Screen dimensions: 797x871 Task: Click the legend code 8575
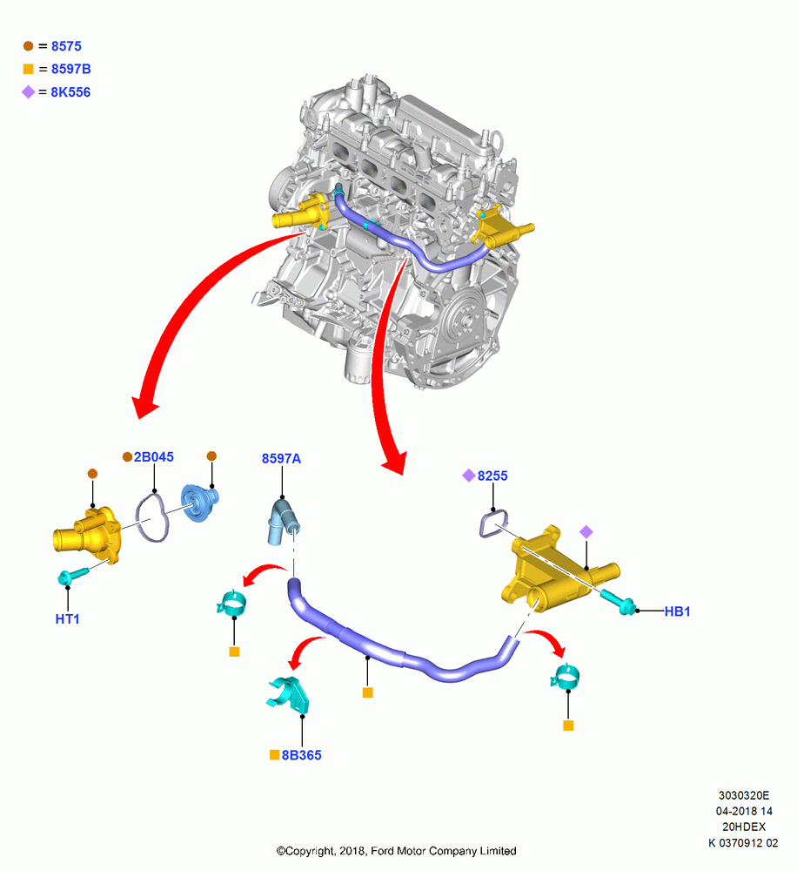pos(66,46)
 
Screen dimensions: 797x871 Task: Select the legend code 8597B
pos(71,69)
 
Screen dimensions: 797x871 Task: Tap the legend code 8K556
pos(70,92)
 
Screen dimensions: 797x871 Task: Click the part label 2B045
pos(154,456)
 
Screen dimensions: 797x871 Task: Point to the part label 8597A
pos(281,458)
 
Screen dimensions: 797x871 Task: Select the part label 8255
pos(492,476)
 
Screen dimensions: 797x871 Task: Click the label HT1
pos(67,618)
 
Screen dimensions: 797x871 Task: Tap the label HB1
pos(677,611)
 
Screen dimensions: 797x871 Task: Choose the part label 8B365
pos(301,755)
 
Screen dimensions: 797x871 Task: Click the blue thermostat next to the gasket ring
pos(199,503)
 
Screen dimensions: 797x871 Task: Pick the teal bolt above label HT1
pos(72,576)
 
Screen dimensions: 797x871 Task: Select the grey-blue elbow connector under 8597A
pos(284,522)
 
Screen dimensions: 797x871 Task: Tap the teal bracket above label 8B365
pos(289,695)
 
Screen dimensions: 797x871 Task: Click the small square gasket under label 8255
pos(493,523)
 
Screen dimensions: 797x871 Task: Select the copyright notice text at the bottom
pos(396,850)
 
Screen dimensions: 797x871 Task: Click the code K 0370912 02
pos(743,842)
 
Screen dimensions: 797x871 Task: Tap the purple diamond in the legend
pos(29,91)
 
